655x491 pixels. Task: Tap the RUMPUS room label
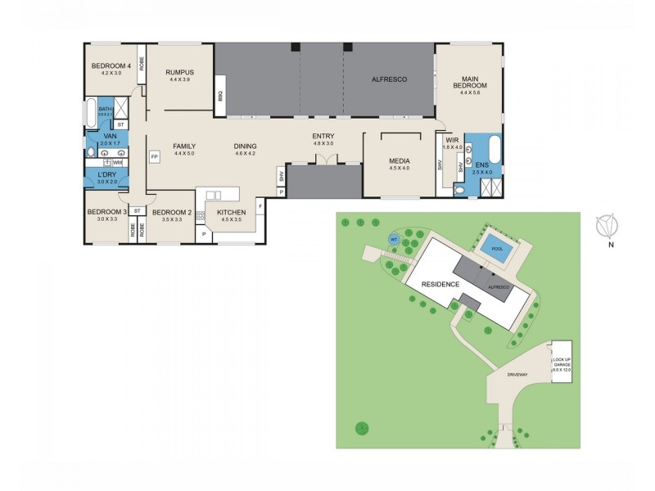click(x=178, y=72)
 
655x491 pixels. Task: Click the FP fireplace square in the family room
click(x=153, y=155)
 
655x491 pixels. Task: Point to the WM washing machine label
click(x=117, y=163)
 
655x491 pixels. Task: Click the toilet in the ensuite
click(x=460, y=189)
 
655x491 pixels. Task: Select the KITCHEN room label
click(x=231, y=212)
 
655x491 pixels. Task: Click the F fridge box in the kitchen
click(x=260, y=206)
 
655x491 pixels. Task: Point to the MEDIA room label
click(x=399, y=161)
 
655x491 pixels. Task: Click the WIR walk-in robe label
click(x=452, y=140)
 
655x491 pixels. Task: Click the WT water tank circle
click(x=394, y=239)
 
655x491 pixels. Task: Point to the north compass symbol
click(x=607, y=223)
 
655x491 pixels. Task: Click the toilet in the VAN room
click(x=91, y=152)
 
